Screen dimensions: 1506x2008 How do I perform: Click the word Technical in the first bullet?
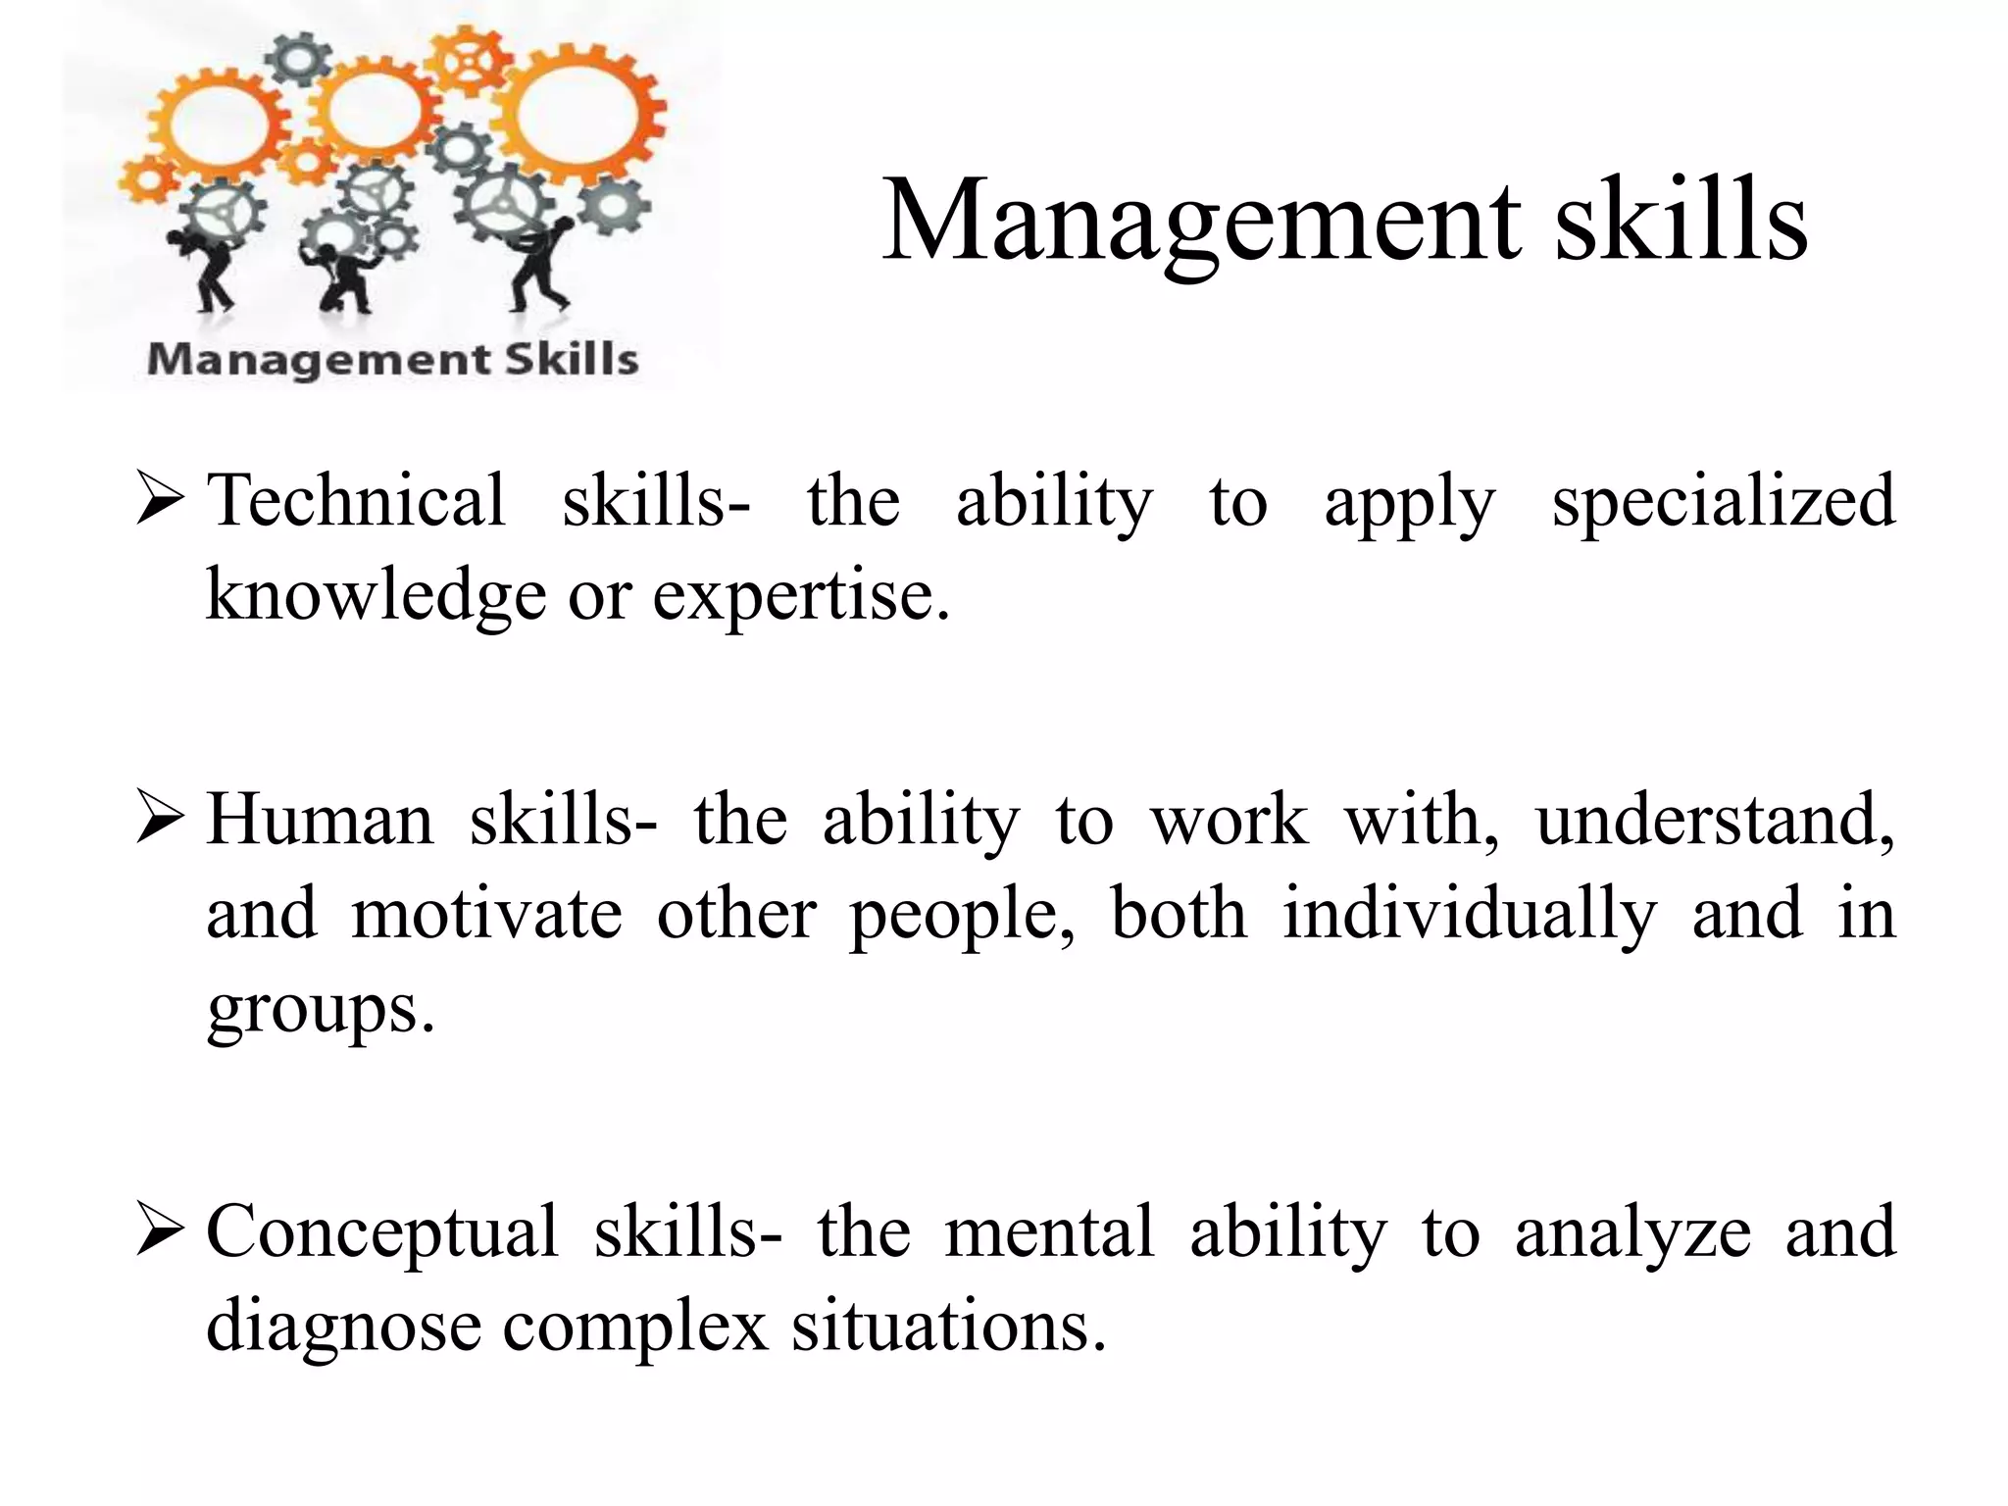(357, 500)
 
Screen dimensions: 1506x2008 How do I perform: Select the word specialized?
(1723, 502)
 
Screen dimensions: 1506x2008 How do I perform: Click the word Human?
(320, 820)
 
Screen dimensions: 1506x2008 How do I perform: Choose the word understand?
(1715, 820)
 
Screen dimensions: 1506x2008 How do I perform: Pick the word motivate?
(486, 913)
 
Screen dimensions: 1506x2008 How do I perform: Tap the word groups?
(320, 1009)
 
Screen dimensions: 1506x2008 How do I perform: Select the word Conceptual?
(381, 1232)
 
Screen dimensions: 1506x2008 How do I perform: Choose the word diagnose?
(343, 1327)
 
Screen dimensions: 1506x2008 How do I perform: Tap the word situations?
(948, 1326)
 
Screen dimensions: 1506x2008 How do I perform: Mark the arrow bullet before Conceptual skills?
(160, 1231)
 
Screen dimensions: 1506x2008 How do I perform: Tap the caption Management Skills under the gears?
(392, 359)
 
